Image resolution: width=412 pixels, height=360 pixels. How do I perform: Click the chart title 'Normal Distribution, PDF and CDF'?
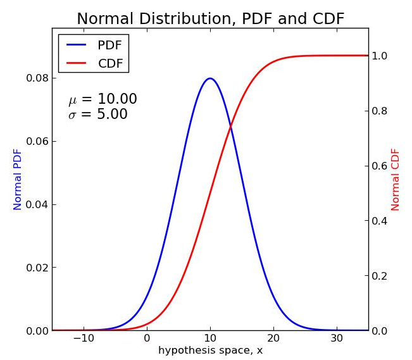pos(210,19)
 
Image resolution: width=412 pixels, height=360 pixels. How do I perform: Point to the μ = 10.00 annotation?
pos(103,99)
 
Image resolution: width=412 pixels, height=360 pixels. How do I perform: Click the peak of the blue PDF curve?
pos(210,78)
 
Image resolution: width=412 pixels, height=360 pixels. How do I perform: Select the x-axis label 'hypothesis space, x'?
pos(210,351)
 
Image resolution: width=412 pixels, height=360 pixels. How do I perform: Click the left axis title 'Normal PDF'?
pos(18,179)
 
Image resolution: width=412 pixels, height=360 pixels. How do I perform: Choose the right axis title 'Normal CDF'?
pos(396,179)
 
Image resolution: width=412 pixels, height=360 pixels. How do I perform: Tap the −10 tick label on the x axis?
pos(83,339)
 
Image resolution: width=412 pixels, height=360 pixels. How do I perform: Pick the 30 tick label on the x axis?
pos(337,339)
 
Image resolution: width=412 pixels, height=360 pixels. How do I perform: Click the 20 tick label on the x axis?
pos(273,339)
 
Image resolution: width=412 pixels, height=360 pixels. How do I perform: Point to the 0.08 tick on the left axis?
pos(37,78)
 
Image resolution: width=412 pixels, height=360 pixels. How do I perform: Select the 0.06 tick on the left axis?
pos(37,141)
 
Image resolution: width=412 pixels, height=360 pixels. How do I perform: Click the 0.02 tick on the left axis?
pos(37,268)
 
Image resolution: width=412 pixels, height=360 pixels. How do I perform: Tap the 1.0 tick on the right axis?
pos(380,56)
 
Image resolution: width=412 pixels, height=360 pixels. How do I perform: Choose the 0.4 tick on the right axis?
pos(380,221)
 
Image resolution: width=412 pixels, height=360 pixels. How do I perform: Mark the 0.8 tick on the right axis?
pos(380,111)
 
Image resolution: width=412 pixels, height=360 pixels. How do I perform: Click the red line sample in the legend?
pos(76,63)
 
